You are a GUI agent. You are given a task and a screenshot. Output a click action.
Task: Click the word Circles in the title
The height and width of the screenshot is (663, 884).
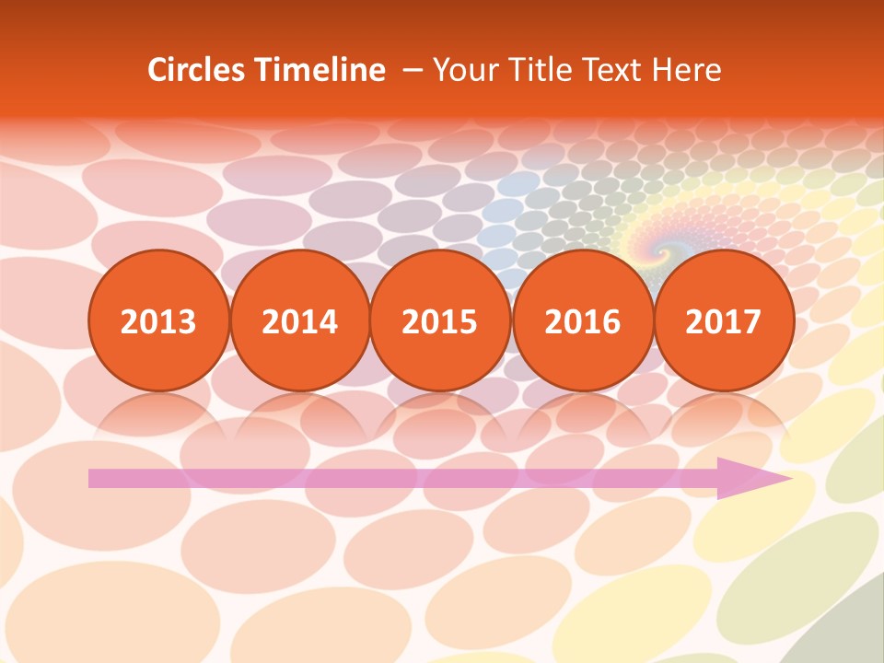click(198, 70)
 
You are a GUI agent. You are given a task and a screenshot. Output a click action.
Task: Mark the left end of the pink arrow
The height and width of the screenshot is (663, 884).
click(92, 478)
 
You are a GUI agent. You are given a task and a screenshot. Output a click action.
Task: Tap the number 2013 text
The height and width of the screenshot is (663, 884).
click(158, 322)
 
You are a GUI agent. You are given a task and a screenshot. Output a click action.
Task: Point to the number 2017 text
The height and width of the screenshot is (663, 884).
click(724, 322)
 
